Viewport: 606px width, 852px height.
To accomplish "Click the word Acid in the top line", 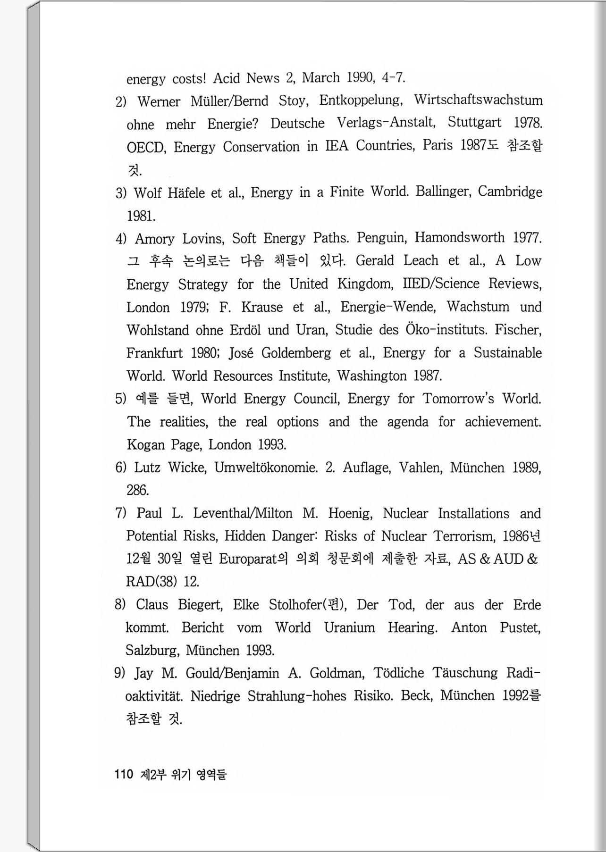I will pyautogui.click(x=227, y=78).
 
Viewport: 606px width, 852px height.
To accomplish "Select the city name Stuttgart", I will pyautogui.click(x=474, y=122).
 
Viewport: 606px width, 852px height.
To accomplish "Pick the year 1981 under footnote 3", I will pyautogui.click(x=141, y=216).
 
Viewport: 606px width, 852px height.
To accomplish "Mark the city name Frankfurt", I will pyautogui.click(x=154, y=353).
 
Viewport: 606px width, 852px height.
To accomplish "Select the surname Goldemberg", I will pyautogui.click(x=296, y=353).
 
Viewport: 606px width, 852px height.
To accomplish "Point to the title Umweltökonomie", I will pyautogui.click(x=266, y=468).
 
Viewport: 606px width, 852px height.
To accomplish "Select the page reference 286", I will pyautogui.click(x=137, y=491).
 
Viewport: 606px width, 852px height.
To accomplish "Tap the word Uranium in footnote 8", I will pyautogui.click(x=349, y=628).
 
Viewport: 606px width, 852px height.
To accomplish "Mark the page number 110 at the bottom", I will pyautogui.click(x=124, y=774).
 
